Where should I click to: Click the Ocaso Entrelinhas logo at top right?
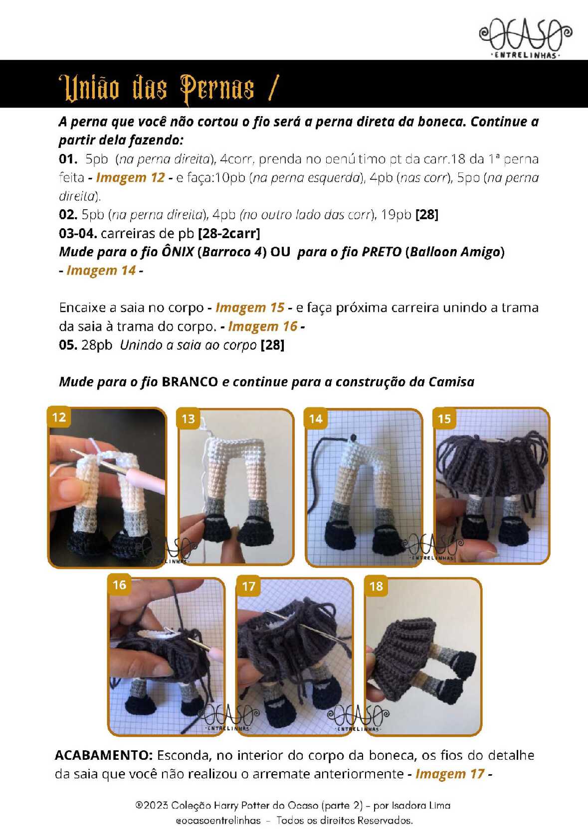click(525, 38)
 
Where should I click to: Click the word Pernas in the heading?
click(217, 89)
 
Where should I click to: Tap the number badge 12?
click(59, 417)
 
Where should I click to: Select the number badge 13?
click(188, 418)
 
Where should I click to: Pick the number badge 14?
click(316, 418)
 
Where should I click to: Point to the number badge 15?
click(444, 418)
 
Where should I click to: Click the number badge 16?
click(119, 585)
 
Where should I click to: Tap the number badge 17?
click(248, 586)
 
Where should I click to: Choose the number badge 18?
click(376, 586)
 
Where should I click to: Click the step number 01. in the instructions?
click(68, 159)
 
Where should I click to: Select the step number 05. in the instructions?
click(68, 345)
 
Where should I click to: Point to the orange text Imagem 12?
click(130, 177)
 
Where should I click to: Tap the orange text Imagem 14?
click(101, 270)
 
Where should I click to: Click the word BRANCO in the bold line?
click(190, 382)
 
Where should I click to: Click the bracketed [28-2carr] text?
click(229, 233)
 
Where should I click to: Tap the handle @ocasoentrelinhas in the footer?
click(218, 821)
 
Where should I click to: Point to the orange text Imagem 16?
click(263, 326)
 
